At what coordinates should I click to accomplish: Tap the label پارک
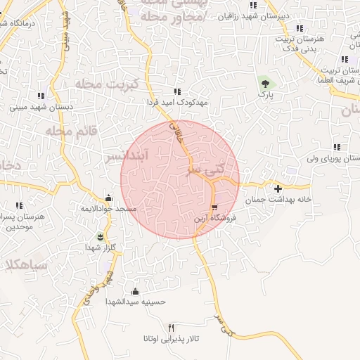(x=265, y=94)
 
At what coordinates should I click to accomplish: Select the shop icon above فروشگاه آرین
(x=214, y=207)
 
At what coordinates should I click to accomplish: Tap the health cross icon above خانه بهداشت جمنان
(x=278, y=188)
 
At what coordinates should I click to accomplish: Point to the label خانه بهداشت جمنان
(x=277, y=200)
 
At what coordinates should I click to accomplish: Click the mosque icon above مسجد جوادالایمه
(x=108, y=198)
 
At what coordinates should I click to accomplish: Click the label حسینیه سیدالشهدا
(x=135, y=302)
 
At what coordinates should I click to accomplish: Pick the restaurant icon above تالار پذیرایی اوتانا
(x=171, y=328)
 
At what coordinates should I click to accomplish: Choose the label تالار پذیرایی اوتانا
(x=171, y=339)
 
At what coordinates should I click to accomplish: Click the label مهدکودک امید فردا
(x=178, y=103)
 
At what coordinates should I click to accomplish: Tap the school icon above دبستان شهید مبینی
(x=41, y=96)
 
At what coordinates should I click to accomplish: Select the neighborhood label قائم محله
(x=70, y=130)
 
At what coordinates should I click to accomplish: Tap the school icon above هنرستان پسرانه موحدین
(x=19, y=205)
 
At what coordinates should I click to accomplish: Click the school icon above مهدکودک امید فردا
(x=177, y=91)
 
